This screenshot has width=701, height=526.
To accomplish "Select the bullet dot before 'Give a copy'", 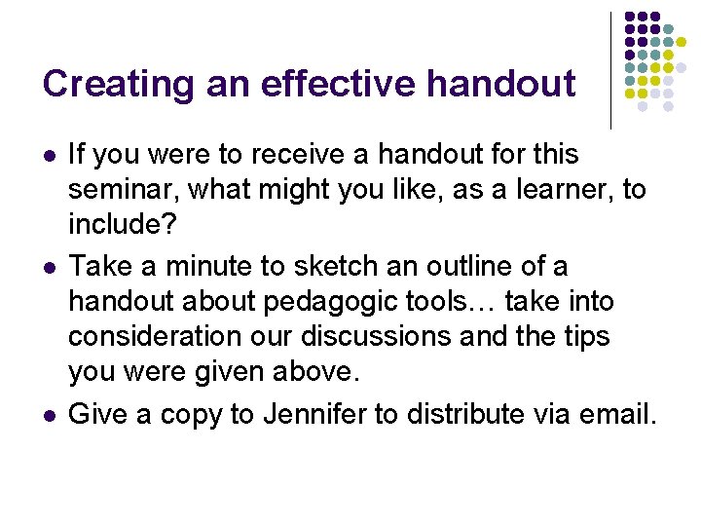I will click(x=49, y=416).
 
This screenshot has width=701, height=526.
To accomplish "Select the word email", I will click(x=615, y=414).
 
